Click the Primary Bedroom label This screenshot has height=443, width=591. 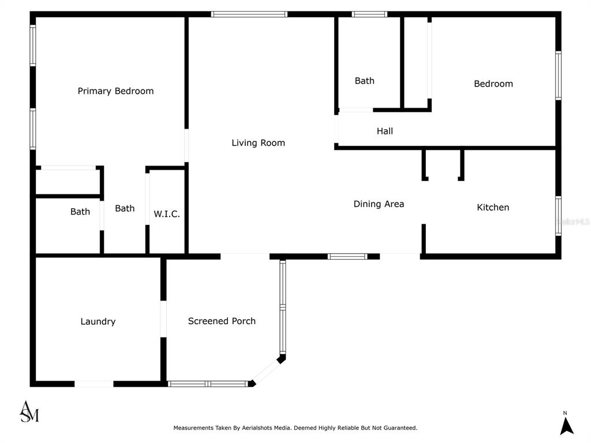[x=115, y=91]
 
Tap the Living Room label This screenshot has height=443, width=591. [x=258, y=143]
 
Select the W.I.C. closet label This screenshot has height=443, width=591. [x=167, y=214]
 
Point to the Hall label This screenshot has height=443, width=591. [x=385, y=131]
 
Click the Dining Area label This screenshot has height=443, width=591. [x=379, y=204]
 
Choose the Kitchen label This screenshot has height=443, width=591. [x=493, y=207]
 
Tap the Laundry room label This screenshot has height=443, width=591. [x=98, y=321]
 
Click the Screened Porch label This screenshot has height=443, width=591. [x=222, y=321]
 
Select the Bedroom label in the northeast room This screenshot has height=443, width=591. [x=493, y=84]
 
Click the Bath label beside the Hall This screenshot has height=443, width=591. [x=365, y=81]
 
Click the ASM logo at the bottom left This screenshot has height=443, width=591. [x=29, y=412]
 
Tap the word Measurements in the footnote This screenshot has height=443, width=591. [x=193, y=428]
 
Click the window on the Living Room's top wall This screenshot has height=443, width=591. [x=249, y=14]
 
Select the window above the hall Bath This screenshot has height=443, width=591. [x=369, y=14]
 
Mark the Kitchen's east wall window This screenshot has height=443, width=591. [x=558, y=216]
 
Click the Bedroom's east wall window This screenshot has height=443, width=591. [x=558, y=76]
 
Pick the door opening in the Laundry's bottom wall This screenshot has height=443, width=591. [x=94, y=384]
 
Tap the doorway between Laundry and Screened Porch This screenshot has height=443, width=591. [x=163, y=318]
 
